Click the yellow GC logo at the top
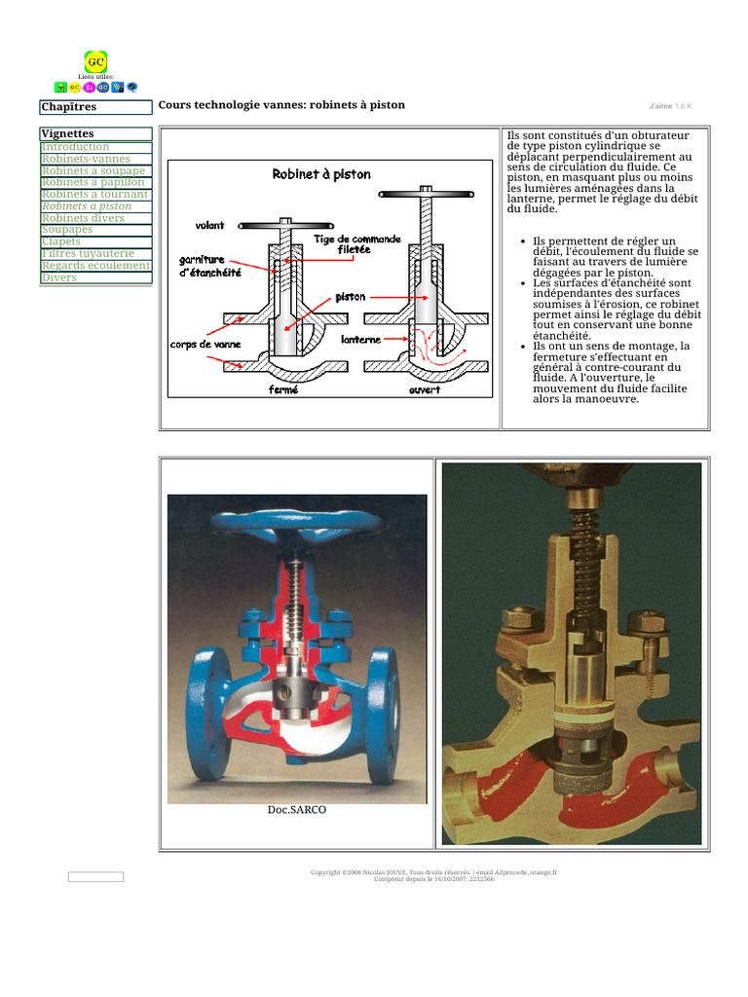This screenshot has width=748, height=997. click(x=95, y=61)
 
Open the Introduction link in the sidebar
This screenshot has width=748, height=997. click(x=75, y=147)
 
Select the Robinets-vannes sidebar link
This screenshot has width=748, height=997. click(x=86, y=159)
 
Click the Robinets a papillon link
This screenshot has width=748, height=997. click(x=93, y=182)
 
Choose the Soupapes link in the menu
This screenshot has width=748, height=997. click(x=67, y=230)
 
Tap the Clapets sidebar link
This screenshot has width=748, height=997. click(x=61, y=241)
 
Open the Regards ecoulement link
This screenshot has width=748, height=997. click(x=95, y=265)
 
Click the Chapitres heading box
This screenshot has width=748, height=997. click(x=95, y=107)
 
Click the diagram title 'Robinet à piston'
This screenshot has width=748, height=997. click(x=320, y=174)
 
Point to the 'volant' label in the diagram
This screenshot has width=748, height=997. click(x=209, y=225)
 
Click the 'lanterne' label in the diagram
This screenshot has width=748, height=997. click(x=360, y=340)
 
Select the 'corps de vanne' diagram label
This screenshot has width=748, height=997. click(x=206, y=344)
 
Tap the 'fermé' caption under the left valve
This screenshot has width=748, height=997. click(x=283, y=389)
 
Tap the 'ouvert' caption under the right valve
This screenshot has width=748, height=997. click(x=425, y=389)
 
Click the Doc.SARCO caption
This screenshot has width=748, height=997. click(x=296, y=809)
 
